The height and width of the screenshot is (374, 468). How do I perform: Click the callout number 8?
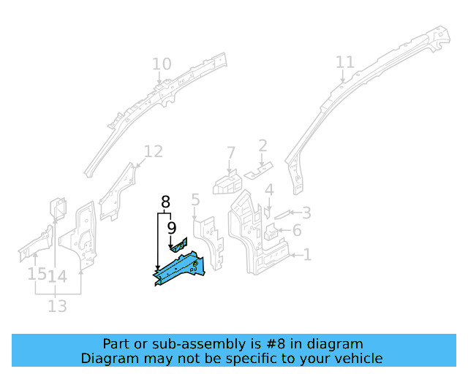click(x=165, y=202)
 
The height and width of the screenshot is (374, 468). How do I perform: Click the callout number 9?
click(x=172, y=229)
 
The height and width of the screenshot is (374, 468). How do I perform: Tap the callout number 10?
click(x=162, y=65)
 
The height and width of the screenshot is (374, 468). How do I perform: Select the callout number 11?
click(x=344, y=63)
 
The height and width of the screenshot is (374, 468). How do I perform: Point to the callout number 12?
click(x=153, y=152)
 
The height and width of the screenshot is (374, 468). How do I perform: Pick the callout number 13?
click(x=58, y=306)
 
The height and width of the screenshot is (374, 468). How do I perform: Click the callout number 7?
click(x=231, y=153)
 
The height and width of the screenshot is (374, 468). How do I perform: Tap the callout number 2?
click(x=263, y=146)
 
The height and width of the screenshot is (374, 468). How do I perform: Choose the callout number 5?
click(x=195, y=199)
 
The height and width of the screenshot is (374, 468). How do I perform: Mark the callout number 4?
click(x=269, y=191)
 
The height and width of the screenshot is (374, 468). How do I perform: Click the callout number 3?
click(x=306, y=213)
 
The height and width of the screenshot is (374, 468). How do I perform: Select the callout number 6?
click(x=297, y=232)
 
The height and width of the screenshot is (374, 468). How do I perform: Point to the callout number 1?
click(x=308, y=254)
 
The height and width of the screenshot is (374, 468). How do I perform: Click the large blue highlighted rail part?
click(x=179, y=267)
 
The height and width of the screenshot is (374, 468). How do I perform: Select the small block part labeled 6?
click(x=271, y=233)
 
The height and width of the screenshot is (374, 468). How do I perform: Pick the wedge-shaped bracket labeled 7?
click(x=227, y=181)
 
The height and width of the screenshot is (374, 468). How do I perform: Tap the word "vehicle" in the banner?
click(x=359, y=358)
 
